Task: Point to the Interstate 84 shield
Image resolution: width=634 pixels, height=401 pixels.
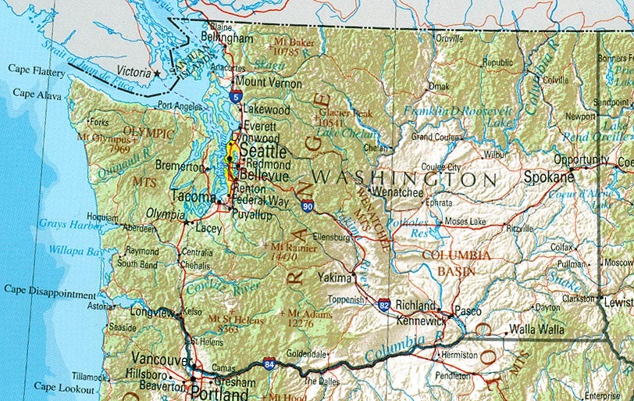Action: [269, 363]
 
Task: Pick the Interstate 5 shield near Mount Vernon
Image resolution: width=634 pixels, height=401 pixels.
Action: [236, 96]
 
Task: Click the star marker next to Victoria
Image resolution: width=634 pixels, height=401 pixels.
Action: [157, 73]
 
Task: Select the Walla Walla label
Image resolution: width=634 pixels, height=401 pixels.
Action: [536, 330]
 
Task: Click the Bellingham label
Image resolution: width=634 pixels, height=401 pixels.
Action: [227, 38]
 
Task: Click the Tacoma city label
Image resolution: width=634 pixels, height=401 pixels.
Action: [191, 196]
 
